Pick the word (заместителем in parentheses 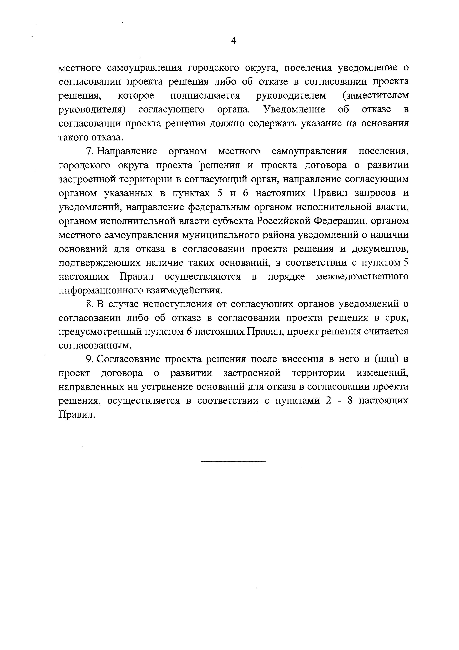pyautogui.click(x=375, y=96)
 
